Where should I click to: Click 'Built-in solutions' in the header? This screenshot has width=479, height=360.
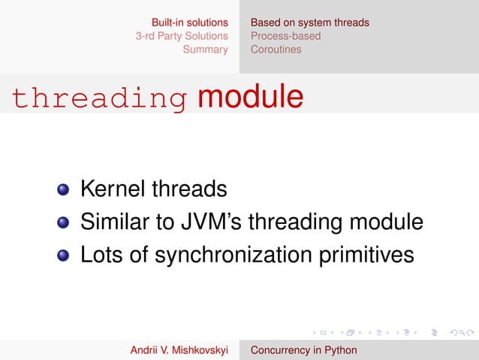pos(189,23)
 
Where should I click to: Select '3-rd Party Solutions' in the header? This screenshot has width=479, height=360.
pos(181,36)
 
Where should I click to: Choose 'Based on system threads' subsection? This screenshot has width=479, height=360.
pos(309,23)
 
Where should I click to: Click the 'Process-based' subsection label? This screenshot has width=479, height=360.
pos(285,36)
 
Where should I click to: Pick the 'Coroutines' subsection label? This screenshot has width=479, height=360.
pos(276,50)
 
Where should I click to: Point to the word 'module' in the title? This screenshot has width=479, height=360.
pos(250,97)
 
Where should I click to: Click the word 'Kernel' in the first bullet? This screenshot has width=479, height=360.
pos(113,188)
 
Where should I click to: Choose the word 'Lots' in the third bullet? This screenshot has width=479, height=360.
pos(101,255)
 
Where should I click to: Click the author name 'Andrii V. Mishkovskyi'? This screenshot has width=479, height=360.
pos(179,350)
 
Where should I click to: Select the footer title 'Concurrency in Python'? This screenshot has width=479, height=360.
pos(303,350)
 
